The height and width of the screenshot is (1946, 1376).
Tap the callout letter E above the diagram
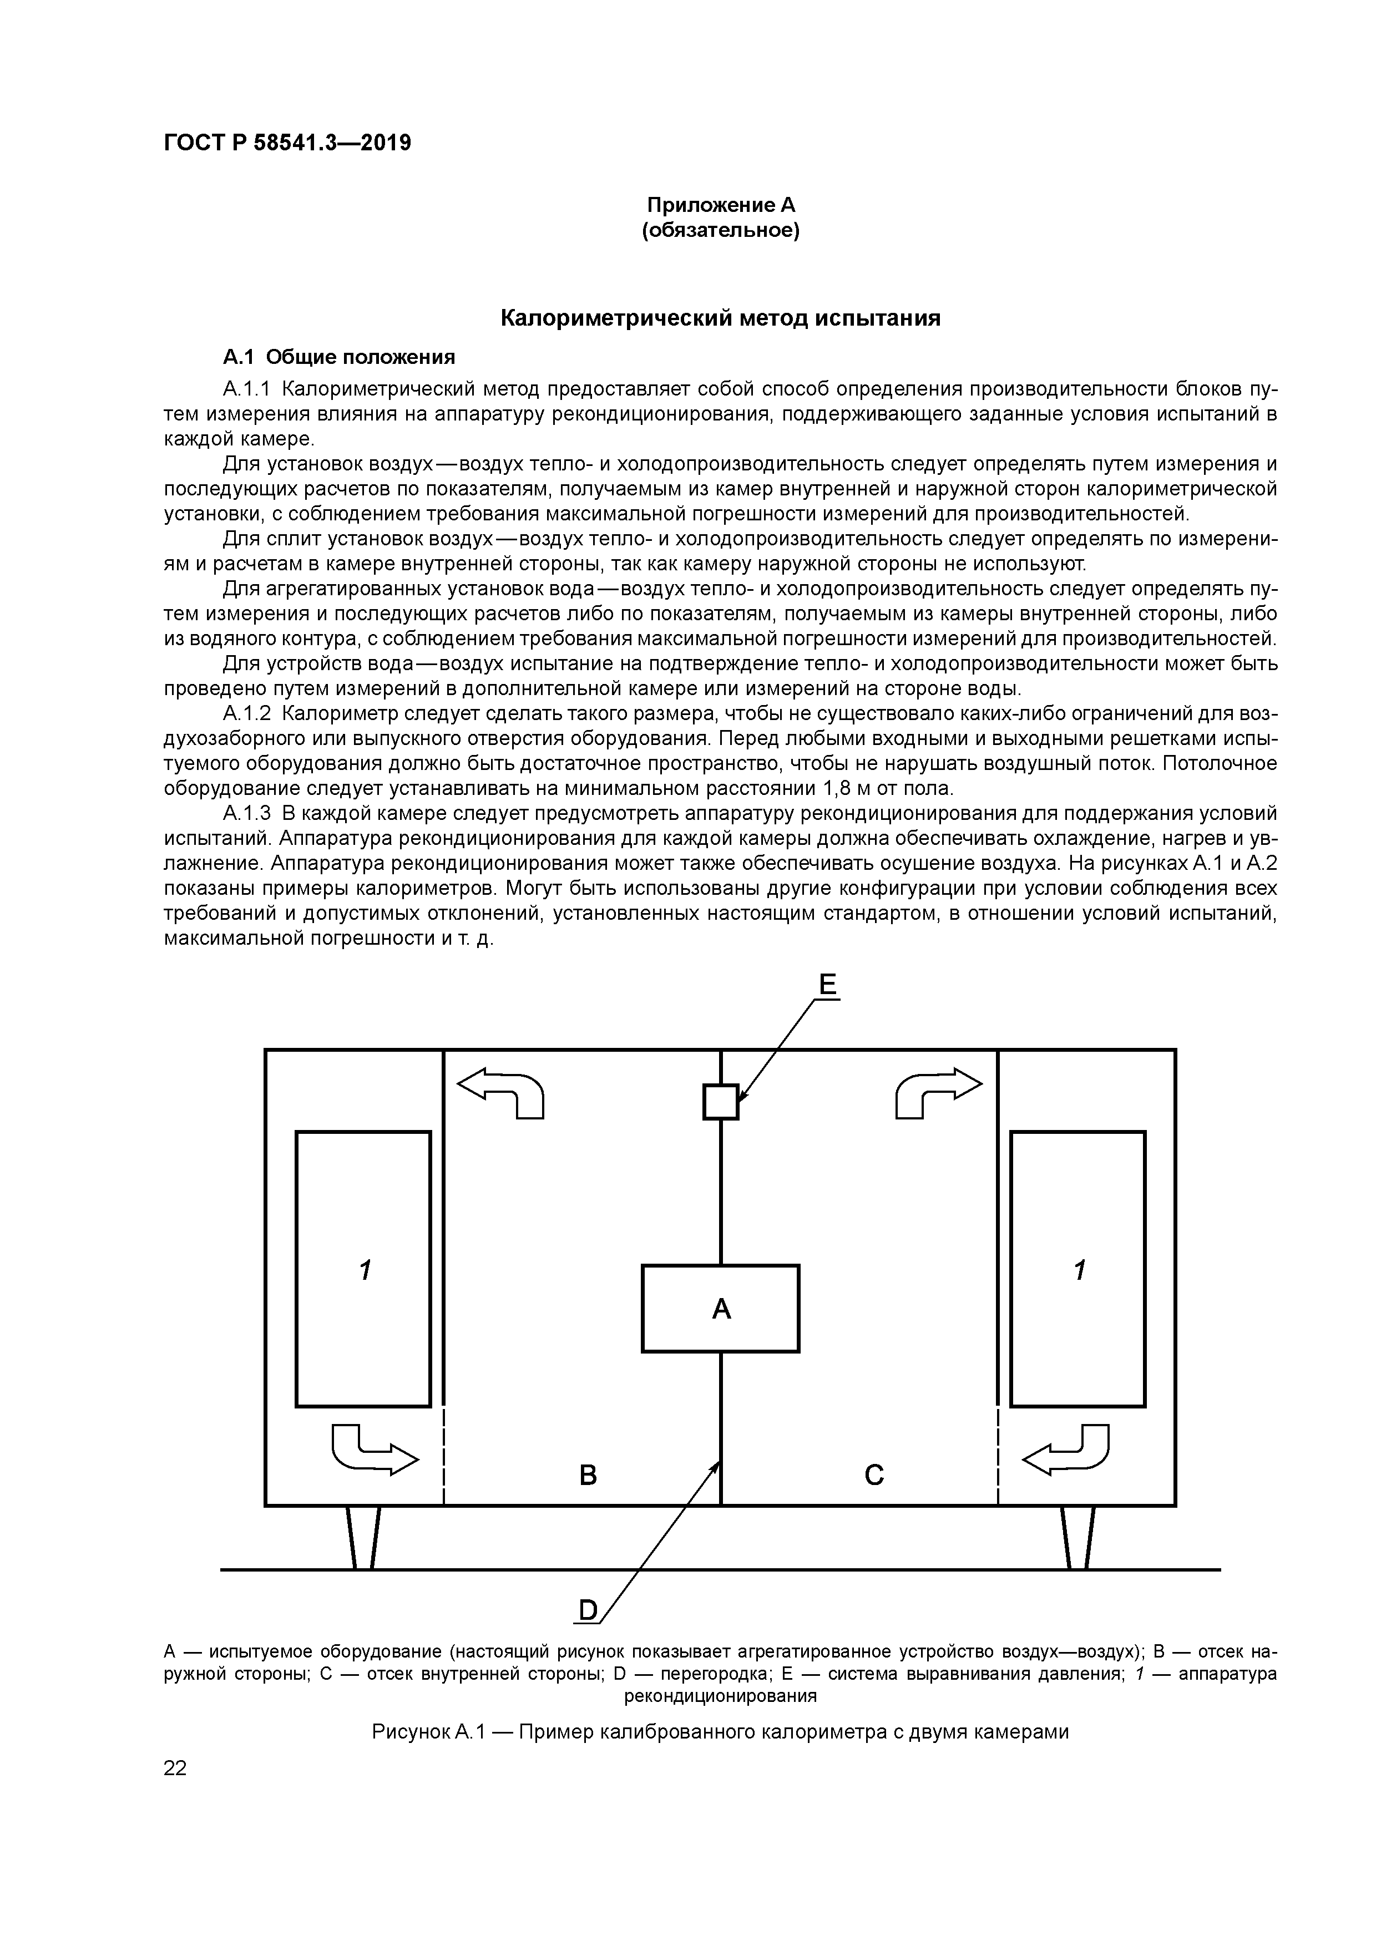tap(827, 985)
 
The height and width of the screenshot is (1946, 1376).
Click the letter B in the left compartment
tap(588, 1476)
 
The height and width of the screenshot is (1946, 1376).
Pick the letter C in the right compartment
tap(874, 1476)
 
